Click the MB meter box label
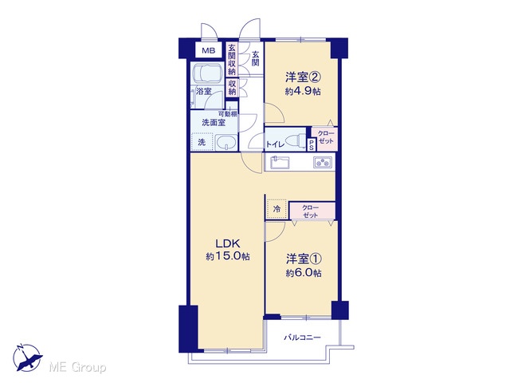[x=208, y=50]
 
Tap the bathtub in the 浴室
[x=207, y=73]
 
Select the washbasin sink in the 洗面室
[x=226, y=142]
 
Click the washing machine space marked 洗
[x=202, y=142]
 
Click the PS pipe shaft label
[x=312, y=144]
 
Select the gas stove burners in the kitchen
[x=323, y=162]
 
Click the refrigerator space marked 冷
[x=277, y=209]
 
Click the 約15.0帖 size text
[x=228, y=256]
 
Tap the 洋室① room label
[x=304, y=259]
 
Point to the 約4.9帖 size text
[x=303, y=92]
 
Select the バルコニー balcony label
[x=303, y=338]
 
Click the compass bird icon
[x=27, y=358]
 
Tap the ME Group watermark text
[x=77, y=368]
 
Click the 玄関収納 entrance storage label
[x=232, y=59]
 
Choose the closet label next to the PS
[x=326, y=137]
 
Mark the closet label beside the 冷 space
[x=311, y=211]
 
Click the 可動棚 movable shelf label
[x=228, y=114]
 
